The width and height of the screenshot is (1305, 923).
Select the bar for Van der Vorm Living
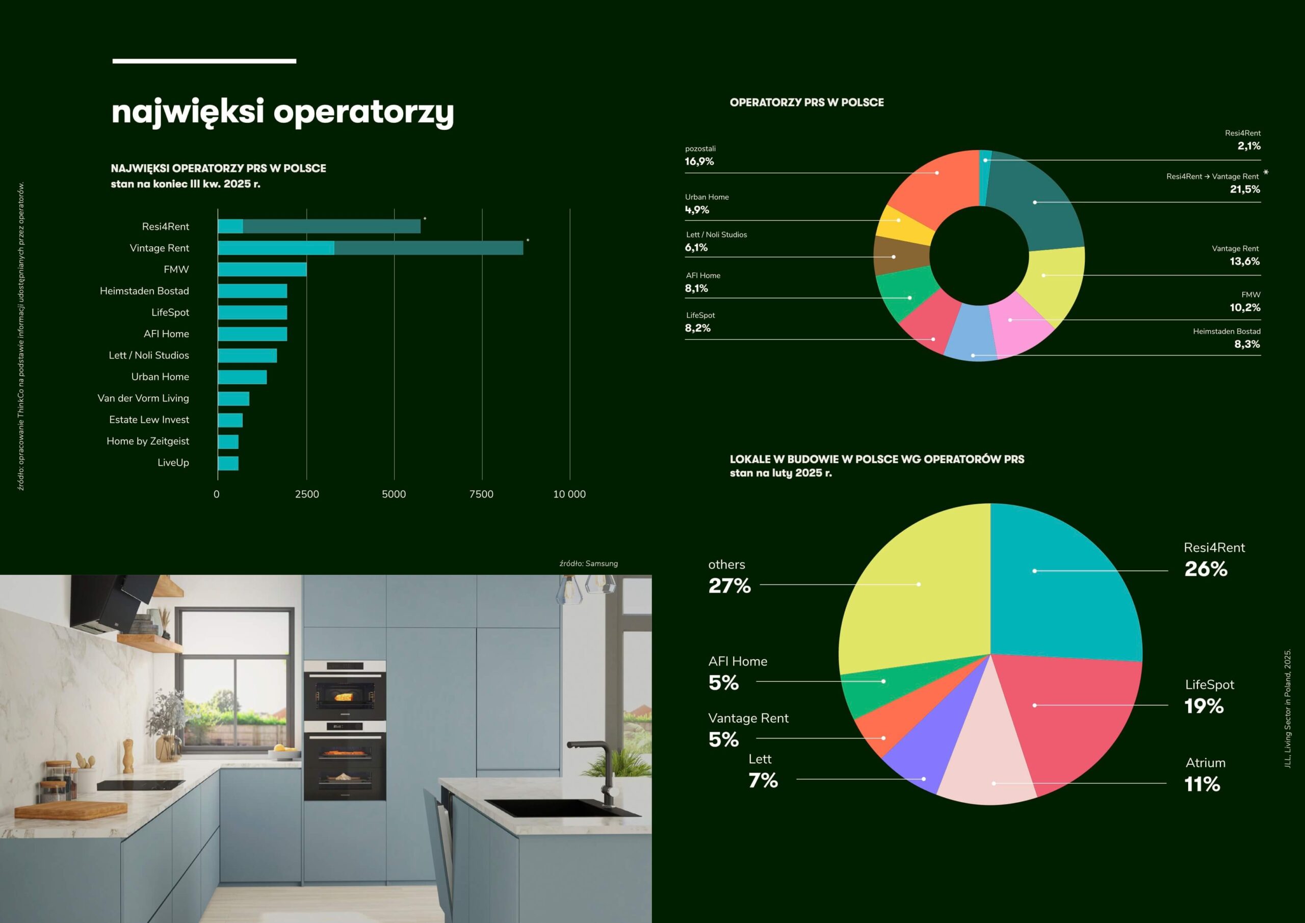pos(233,399)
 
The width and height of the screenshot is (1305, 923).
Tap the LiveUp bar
pos(228,464)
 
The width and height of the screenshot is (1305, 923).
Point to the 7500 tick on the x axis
pos(481,494)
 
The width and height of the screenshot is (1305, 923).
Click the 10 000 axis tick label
pos(569,494)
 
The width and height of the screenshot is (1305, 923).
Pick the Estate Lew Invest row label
pos(149,420)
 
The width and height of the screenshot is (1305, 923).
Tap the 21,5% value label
pos(1245,189)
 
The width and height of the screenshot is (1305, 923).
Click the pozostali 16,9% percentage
pos(699,162)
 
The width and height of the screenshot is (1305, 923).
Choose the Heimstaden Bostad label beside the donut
pos(1226,331)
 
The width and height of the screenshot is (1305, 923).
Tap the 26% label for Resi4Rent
pos(1206,569)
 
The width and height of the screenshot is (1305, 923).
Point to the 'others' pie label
pos(726,565)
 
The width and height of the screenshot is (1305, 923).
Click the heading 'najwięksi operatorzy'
pos(282,112)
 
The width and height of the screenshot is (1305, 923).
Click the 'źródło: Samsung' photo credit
pos(588,563)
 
